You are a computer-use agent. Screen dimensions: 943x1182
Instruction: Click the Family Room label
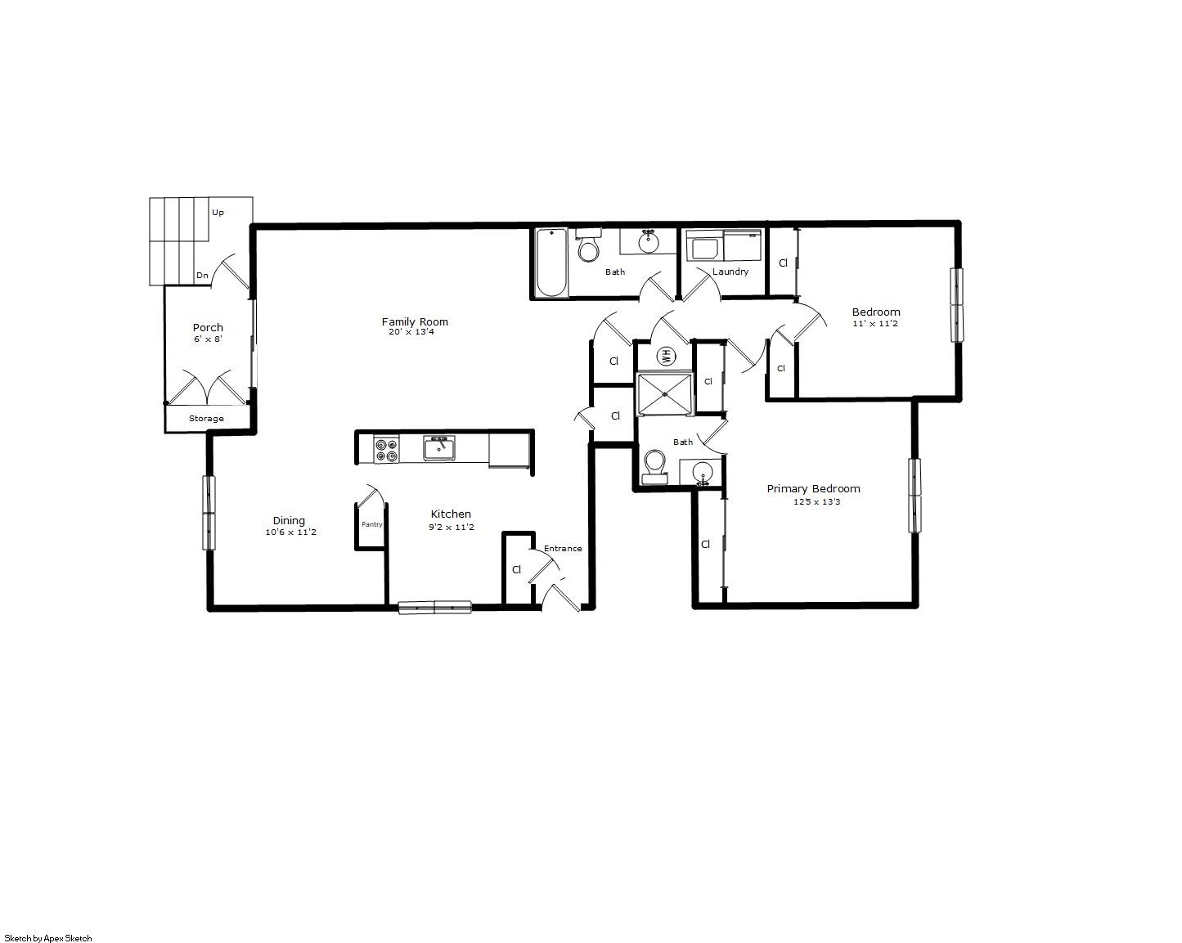[415, 321]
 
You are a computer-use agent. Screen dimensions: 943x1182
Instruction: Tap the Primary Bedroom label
[813, 488]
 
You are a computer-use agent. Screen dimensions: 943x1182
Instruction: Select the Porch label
[208, 327]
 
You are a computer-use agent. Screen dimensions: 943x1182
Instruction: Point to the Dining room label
[289, 520]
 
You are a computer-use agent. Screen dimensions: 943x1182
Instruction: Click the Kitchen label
[451, 514]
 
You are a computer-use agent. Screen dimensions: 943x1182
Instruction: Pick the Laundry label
[730, 272]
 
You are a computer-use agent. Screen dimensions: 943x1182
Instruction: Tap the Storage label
[206, 419]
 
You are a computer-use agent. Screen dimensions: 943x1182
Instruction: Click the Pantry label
[371, 524]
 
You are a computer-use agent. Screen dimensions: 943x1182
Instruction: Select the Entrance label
[563, 548]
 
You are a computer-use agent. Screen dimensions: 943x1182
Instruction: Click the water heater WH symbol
[665, 355]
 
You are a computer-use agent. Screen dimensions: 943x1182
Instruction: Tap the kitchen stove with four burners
[386, 450]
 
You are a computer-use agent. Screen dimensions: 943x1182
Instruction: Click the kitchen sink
[439, 448]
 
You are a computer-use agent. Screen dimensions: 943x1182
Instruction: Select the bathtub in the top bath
[551, 263]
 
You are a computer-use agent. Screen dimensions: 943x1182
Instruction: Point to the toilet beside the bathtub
[588, 246]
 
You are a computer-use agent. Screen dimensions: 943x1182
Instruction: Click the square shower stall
[665, 394]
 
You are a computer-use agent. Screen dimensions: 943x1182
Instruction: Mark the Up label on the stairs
[218, 213]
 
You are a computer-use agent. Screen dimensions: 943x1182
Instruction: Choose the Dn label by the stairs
[202, 276]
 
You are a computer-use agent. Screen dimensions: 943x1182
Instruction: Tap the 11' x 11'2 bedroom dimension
[875, 323]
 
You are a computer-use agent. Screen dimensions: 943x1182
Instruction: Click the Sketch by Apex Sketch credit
[48, 938]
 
